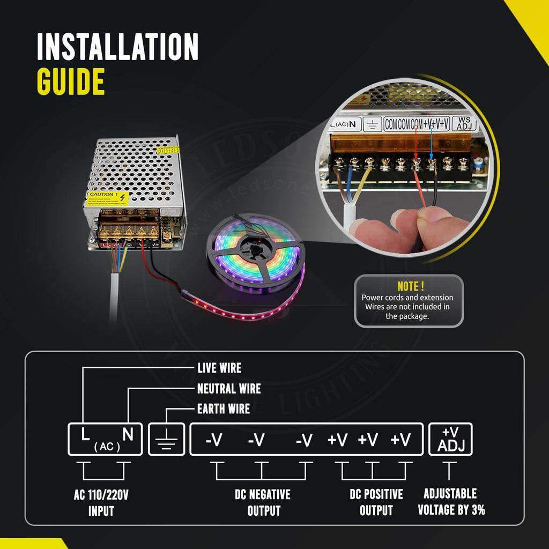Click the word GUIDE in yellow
point(70,82)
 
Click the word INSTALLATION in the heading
point(117,47)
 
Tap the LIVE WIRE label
point(219,368)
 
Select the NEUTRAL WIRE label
point(229,389)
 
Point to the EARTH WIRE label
point(223,409)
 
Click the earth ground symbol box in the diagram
point(166,440)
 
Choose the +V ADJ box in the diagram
point(450,440)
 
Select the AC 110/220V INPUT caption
point(101,502)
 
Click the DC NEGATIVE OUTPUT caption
point(263,502)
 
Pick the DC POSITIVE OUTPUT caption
point(376,502)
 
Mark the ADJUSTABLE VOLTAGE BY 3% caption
point(451,502)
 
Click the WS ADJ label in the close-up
point(464,124)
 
